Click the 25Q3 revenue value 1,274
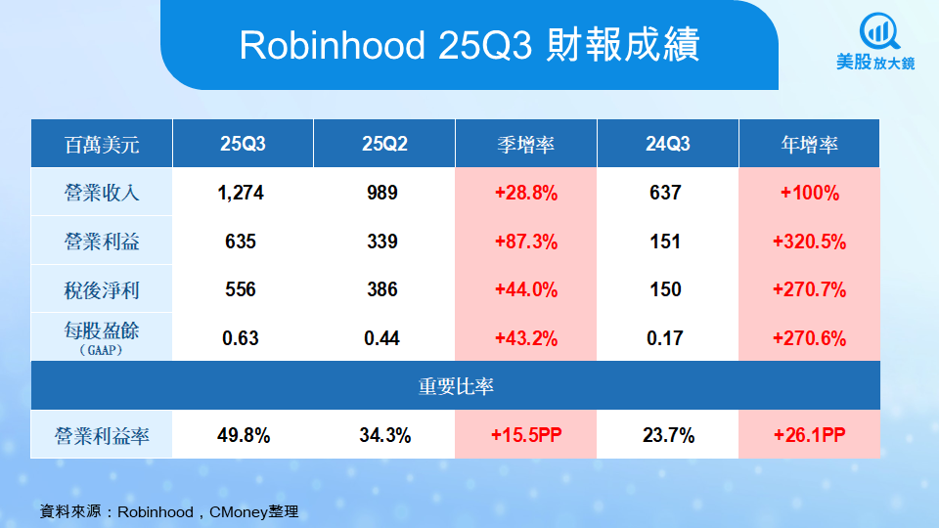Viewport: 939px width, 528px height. tap(242, 193)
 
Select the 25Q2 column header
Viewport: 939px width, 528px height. tap(384, 145)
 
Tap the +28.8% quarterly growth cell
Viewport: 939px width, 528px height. tap(525, 193)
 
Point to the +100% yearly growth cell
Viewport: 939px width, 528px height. tap(809, 193)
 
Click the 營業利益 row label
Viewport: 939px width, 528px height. tap(102, 242)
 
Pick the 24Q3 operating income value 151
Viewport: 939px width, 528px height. tap(665, 242)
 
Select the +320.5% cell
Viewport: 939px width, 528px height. tap(809, 242)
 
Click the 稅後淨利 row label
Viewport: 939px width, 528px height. tap(102, 289)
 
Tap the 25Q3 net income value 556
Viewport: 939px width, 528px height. tap(242, 289)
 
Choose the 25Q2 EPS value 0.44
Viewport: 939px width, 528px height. tap(384, 338)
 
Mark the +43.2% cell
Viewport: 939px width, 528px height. tap(525, 338)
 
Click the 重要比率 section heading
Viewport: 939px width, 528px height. tap(456, 386)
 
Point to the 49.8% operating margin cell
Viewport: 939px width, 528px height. tap(242, 435)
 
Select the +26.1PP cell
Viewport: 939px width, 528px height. tap(809, 435)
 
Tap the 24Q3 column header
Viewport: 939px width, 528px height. tap(667, 145)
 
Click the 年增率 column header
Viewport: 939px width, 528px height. tap(809, 145)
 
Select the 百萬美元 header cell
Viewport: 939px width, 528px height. tap(102, 145)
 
